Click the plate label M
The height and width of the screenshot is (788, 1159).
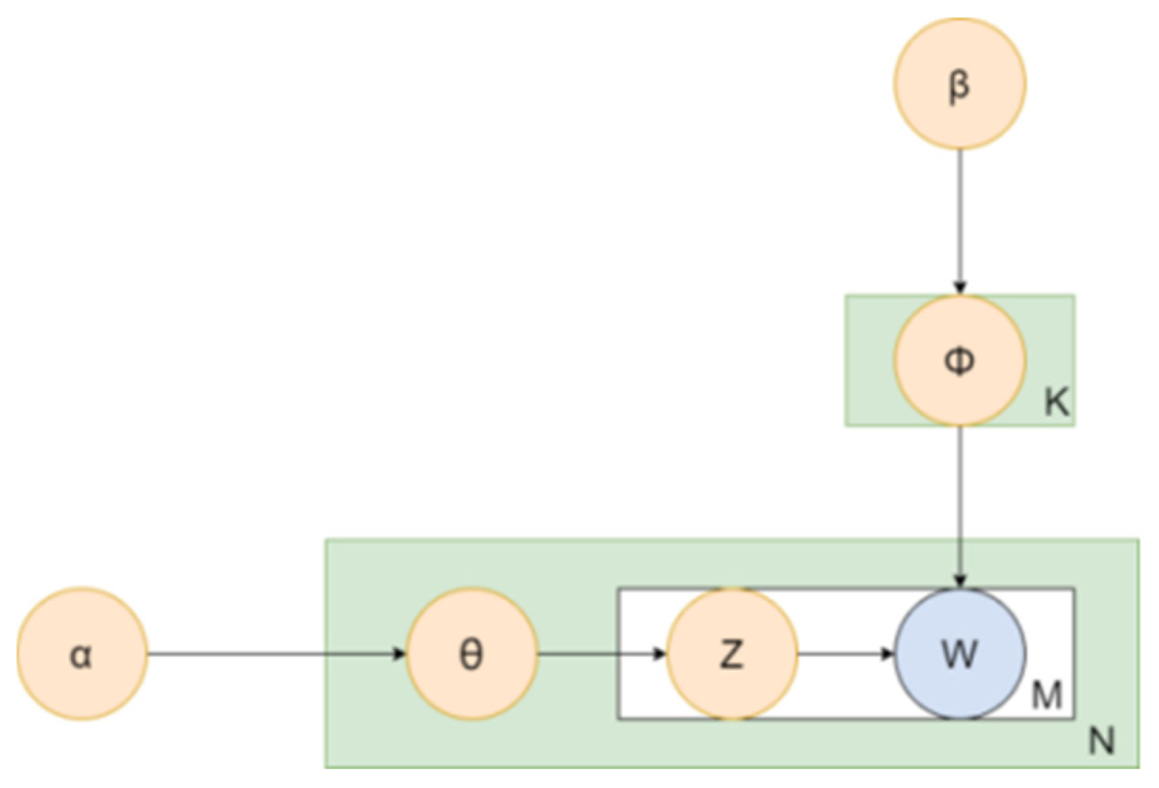pos(1046,697)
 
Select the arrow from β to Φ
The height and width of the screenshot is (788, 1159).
pos(959,217)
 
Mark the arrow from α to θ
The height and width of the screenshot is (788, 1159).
pos(275,654)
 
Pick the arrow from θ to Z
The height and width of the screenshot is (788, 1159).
pos(601,654)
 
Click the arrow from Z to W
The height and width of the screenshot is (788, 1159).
pos(844,654)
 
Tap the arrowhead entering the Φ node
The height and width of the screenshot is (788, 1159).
pos(959,288)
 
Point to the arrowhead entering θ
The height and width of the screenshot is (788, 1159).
pos(399,654)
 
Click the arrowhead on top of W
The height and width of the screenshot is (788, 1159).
pos(959,581)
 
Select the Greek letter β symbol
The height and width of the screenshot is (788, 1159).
pos(958,85)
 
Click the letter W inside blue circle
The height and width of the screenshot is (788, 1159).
pos(959,654)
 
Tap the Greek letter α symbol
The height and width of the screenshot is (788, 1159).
pos(80,655)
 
